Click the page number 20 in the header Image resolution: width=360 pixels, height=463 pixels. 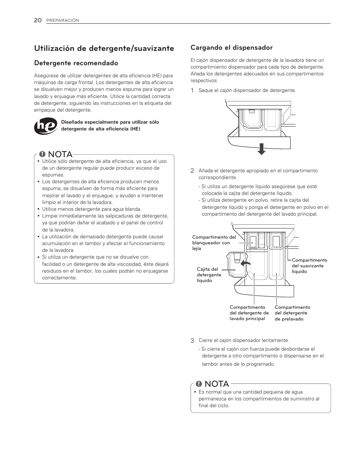(38, 20)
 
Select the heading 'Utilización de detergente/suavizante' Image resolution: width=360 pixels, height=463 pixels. (104, 48)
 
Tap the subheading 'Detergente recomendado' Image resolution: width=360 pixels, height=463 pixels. (76, 63)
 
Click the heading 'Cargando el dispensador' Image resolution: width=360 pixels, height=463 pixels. (231, 48)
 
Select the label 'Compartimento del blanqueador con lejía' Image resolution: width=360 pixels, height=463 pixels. (214, 243)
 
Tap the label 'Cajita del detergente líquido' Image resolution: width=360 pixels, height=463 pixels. (209, 274)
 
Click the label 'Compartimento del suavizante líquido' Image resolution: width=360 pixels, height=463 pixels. (309, 266)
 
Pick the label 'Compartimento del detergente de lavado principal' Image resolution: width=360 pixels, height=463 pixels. (249, 313)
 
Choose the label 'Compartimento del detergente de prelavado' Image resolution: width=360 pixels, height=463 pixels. (292, 313)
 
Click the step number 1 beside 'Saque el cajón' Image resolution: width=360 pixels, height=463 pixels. (192, 90)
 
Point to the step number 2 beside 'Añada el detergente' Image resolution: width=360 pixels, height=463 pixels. (192, 171)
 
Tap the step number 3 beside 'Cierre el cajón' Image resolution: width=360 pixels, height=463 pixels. (192, 340)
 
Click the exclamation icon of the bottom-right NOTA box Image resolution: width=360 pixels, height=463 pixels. (198, 384)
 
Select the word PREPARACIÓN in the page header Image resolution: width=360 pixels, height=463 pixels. (63, 21)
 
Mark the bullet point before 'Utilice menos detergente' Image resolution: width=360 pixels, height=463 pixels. (38, 209)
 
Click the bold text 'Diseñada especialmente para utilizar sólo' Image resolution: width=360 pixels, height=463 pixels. (109, 122)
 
